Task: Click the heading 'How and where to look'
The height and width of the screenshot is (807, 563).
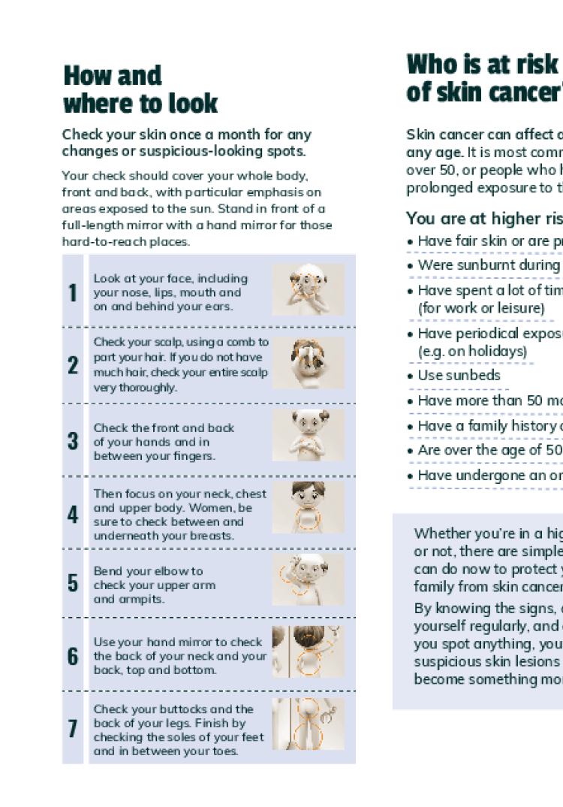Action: (x=140, y=89)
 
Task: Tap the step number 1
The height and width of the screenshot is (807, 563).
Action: (x=73, y=293)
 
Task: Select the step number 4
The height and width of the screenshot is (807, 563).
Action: (x=73, y=515)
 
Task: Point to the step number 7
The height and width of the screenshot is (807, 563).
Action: (x=73, y=729)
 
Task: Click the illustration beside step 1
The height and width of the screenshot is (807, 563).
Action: (x=308, y=289)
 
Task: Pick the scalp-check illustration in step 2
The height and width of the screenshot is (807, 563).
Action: (x=308, y=363)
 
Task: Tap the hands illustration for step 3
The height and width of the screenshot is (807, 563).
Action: (x=308, y=436)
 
